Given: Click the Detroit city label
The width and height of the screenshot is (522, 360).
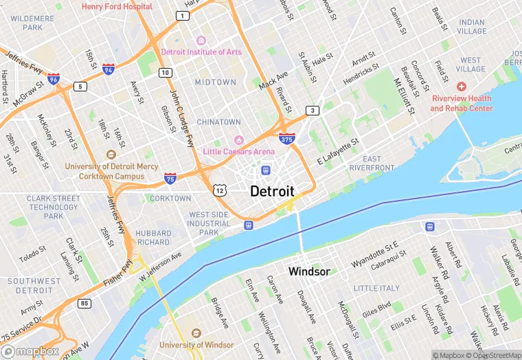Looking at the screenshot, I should (272, 191).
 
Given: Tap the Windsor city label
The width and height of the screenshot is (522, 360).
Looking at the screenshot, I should (309, 271).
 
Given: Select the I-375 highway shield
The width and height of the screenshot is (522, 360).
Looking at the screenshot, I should (288, 139).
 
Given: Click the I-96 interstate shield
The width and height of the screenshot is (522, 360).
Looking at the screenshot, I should (54, 79).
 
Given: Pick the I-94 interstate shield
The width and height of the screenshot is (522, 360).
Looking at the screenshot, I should (108, 69).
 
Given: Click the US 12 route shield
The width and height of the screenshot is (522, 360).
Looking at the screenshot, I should (219, 189).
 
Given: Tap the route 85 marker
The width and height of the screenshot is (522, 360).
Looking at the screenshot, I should (84, 303).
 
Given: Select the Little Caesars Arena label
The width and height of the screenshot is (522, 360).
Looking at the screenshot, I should (238, 151).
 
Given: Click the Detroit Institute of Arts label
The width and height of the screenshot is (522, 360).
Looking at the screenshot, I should (201, 52).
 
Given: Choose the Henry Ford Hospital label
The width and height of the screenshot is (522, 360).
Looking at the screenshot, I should (117, 6).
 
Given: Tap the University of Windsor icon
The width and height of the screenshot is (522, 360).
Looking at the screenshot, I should (196, 333).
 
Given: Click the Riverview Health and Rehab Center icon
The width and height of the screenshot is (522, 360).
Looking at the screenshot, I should (461, 87).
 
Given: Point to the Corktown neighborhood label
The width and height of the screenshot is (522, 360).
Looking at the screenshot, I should (170, 199).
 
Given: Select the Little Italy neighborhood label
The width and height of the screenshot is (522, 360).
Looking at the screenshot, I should (376, 288).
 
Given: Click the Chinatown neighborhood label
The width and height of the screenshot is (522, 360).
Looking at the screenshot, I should (218, 122).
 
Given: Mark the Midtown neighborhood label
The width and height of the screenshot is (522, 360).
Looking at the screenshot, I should (215, 82).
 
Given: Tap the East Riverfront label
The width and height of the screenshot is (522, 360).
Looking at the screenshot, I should (372, 164).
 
